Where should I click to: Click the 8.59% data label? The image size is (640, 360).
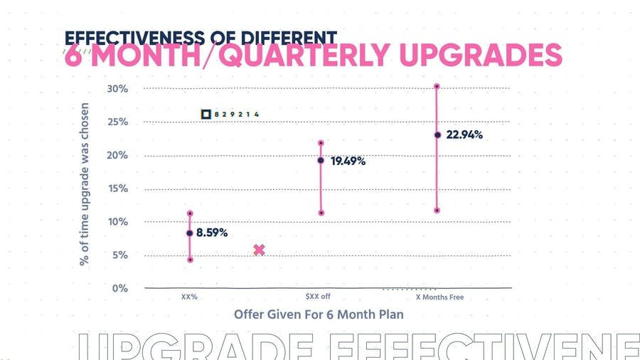[212, 233]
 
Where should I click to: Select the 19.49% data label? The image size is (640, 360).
[348, 162]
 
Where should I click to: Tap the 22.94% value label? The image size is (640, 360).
[464, 134]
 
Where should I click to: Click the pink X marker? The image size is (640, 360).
[259, 250]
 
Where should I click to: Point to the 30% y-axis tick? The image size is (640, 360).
[117, 89]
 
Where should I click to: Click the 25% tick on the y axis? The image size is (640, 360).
[117, 122]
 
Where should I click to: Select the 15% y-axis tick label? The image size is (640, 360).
[117, 189]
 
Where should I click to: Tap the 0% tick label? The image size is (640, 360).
[119, 288]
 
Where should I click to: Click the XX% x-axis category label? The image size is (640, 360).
[189, 297]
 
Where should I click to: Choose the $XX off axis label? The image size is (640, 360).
[317, 297]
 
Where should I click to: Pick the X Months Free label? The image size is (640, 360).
[439, 297]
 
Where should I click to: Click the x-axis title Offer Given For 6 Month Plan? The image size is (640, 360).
[319, 314]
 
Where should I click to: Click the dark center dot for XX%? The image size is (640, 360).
[190, 233]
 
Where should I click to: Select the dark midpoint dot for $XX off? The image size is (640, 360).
[321, 160]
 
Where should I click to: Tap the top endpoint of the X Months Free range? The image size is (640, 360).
[437, 87]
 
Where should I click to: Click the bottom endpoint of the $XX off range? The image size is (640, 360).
[321, 213]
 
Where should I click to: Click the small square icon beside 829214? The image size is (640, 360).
[206, 114]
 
